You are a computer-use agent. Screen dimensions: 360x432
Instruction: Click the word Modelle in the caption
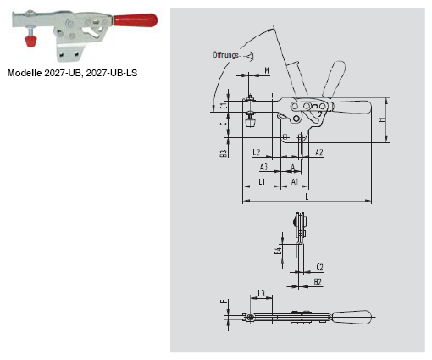pos(25,73)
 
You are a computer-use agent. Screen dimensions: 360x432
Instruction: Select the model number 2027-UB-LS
pos(113,73)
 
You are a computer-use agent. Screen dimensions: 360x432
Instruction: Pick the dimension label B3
pos(222,153)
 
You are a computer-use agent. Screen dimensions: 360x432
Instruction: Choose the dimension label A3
pos(264,168)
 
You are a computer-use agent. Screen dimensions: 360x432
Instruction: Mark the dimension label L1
pos(263,182)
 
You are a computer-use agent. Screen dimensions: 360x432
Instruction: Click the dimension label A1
pos(295,182)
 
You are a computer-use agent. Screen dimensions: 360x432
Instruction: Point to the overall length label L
pos(306,197)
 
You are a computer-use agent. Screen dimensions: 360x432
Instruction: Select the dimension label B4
pos(278,251)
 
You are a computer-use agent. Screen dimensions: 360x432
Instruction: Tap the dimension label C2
pos(319,265)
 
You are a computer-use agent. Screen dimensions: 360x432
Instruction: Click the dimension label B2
pos(318,280)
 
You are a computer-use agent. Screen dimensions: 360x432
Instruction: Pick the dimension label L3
pos(262,293)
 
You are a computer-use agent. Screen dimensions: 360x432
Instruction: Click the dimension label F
pos(224,301)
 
